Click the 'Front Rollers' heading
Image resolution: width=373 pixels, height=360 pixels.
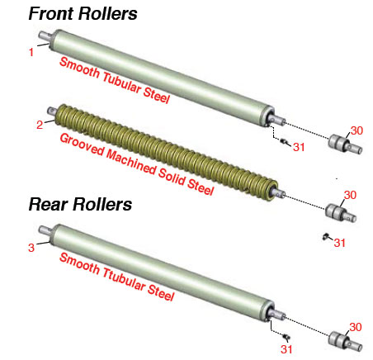pyautogui.click(x=83, y=13)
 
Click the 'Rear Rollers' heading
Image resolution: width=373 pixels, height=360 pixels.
pyautogui.click(x=80, y=205)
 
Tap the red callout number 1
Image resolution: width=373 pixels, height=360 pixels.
pyautogui.click(x=31, y=52)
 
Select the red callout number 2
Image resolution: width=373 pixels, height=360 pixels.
pyautogui.click(x=40, y=125)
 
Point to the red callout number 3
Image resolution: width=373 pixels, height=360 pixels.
pyautogui.click(x=31, y=248)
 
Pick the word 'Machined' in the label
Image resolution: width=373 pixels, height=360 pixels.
pyautogui.click(x=131, y=163)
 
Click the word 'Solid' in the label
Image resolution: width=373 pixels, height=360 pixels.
pyautogui.click(x=172, y=177)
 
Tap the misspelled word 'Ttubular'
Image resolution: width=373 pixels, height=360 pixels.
pyautogui.click(x=124, y=278)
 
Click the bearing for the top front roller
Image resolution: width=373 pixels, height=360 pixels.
pyautogui.click(x=345, y=144)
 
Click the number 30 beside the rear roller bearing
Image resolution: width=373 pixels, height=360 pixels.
pyautogui.click(x=356, y=327)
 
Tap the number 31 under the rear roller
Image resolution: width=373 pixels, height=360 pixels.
pyautogui.click(x=286, y=349)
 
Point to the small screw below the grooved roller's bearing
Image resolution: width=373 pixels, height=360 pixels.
pyautogui.click(x=326, y=236)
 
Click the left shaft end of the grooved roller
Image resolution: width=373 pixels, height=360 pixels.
pyautogui.click(x=52, y=111)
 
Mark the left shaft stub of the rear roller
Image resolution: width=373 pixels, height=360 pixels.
pyautogui.click(x=45, y=230)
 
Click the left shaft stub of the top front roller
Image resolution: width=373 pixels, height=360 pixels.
pyautogui.click(x=45, y=36)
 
